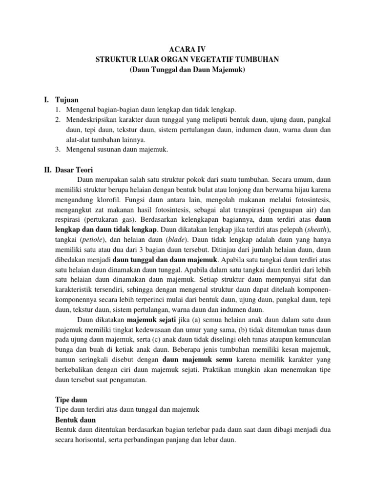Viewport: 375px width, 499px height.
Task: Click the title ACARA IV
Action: pyautogui.click(x=187, y=49)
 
